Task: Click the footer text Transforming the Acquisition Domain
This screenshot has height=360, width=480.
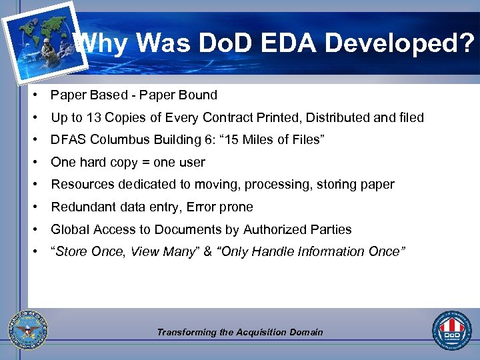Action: point(240,332)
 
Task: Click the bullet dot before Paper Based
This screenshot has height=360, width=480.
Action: point(33,95)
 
